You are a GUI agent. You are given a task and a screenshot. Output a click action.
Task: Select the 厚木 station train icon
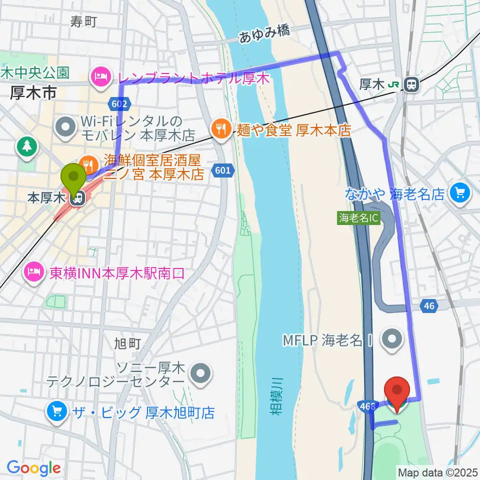pyautogui.click(x=412, y=84)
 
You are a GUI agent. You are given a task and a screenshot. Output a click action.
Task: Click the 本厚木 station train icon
pyautogui.click(x=77, y=198)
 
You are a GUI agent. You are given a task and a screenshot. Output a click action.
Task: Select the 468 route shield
pyautogui.click(x=366, y=406)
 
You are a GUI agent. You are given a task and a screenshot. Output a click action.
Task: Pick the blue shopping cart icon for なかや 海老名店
pyautogui.click(x=458, y=192)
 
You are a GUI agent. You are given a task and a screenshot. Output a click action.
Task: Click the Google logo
pyautogui.click(x=34, y=468)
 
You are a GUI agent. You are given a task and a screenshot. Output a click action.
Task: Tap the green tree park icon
pyautogui.click(x=26, y=146)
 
